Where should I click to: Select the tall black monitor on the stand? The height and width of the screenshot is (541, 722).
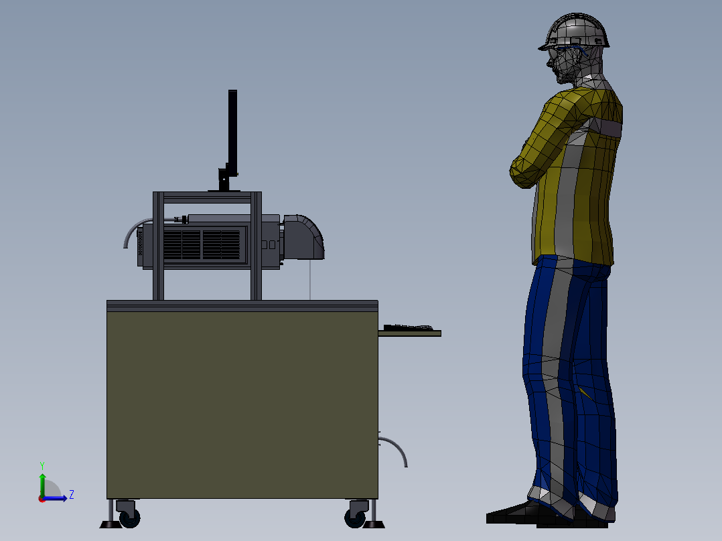click(232, 131)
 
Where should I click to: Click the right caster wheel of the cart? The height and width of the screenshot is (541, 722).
click(355, 516)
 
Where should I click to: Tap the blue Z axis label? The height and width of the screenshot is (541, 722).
click(72, 495)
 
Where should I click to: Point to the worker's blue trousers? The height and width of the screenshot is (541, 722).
click(569, 375)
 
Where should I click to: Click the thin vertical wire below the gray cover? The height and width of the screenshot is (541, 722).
click(309, 280)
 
